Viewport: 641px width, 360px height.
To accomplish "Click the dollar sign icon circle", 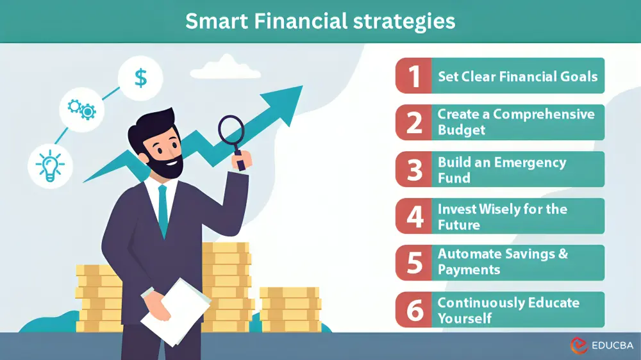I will tap(140, 78).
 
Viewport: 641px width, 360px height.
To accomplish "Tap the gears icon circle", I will tap(82, 109).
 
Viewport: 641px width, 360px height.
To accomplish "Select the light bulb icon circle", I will tap(50, 165).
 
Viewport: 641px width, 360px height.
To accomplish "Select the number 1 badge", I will tap(414, 76).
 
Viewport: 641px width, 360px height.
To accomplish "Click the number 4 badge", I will tap(414, 217).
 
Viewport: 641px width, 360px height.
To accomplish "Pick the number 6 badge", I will tap(414, 310).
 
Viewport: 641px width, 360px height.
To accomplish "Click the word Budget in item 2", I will tap(462, 130).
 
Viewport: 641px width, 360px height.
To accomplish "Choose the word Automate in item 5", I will tap(469, 254).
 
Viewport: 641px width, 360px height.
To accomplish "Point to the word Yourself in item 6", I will tap(465, 318).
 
